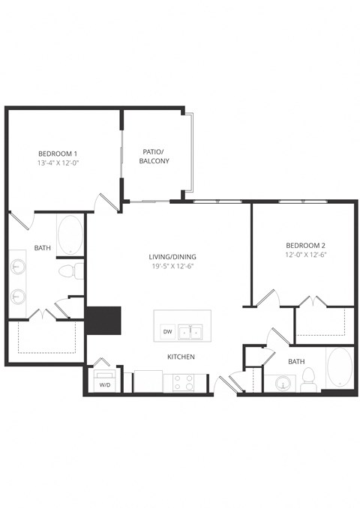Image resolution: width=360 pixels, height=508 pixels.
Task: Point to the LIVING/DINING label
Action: coord(172,257)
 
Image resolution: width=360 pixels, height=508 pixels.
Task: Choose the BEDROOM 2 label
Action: coord(305,246)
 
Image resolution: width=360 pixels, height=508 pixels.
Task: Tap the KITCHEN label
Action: coord(181,357)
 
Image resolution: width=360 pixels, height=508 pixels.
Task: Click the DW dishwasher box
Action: coord(166,332)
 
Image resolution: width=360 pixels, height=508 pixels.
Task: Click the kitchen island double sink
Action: coord(194,331)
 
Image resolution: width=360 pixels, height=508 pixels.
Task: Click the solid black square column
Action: coord(103,321)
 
